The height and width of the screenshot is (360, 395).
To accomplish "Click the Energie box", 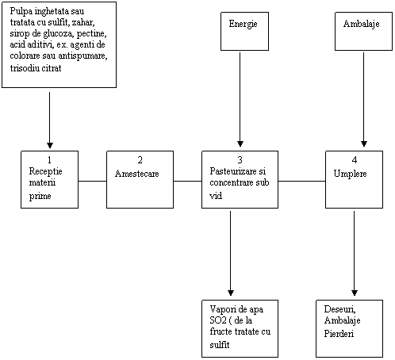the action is [244, 31].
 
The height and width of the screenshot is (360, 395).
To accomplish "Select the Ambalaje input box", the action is [363, 31].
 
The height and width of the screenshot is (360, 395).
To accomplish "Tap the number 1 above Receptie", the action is [49, 160].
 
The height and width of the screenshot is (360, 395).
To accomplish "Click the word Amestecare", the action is [137, 174].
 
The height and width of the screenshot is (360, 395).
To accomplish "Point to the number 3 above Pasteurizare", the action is [240, 160].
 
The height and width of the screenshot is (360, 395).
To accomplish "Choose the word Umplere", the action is [350, 174].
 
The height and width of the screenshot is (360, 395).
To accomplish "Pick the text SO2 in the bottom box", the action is [218, 320].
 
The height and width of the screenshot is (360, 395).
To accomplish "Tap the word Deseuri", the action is [339, 309].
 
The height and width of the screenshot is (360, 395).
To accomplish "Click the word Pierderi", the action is [339, 334].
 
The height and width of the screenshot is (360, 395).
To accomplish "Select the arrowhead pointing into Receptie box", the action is [50, 145].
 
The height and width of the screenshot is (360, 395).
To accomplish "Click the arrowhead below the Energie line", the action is [240, 144].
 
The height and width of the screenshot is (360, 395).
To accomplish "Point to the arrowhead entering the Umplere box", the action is [364, 144].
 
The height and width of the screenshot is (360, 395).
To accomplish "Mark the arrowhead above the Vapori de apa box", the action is [231, 293].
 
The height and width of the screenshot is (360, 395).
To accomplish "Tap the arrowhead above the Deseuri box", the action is [355, 293].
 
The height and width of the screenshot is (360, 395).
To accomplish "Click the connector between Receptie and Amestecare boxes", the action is [93, 181].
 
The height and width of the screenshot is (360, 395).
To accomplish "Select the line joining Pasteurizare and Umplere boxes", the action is [301, 181].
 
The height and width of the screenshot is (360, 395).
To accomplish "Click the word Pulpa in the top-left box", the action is [21, 12].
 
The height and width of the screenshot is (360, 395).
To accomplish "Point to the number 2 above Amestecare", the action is [140, 160].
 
